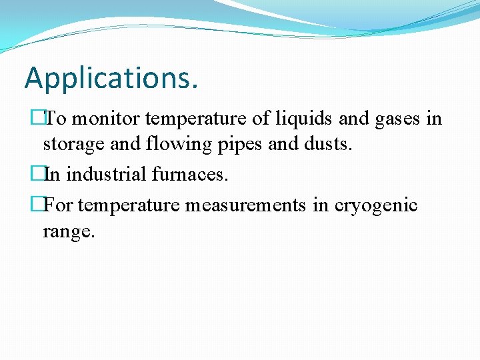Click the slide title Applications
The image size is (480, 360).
point(111,78)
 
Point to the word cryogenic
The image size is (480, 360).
point(376,205)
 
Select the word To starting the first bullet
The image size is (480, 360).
point(55,119)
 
